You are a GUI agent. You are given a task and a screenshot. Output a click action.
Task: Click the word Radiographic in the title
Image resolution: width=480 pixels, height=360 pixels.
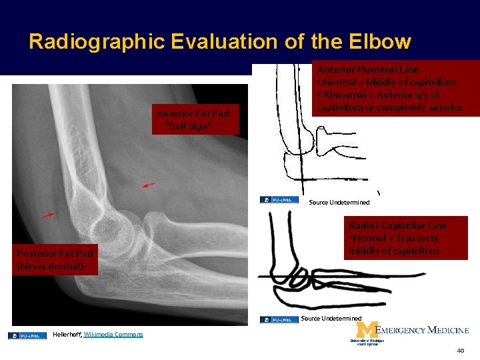(97, 42)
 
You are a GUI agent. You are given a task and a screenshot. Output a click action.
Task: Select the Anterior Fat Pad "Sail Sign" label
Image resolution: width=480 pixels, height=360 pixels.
(195, 119)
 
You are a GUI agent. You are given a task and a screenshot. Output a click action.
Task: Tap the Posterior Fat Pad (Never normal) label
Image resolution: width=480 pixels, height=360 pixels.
(55, 259)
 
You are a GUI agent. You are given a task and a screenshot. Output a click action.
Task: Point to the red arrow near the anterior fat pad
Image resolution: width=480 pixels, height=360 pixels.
(149, 184)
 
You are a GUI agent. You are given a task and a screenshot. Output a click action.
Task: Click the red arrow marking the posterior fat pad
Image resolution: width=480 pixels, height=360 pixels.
(47, 215)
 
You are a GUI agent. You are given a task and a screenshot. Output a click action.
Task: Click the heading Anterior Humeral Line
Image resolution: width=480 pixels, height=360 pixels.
(367, 69)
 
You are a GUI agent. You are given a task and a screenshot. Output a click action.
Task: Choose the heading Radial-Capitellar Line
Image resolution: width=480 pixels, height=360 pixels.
(397, 225)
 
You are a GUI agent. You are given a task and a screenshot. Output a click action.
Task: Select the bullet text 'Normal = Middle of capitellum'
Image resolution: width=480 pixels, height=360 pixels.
(387, 82)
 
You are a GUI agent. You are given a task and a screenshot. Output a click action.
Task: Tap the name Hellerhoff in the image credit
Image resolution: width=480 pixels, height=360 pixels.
(66, 334)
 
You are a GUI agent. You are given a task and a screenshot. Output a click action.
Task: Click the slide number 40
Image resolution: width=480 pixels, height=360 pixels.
(460, 351)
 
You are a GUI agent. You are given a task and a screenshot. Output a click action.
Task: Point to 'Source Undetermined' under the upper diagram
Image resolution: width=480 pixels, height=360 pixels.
(339, 202)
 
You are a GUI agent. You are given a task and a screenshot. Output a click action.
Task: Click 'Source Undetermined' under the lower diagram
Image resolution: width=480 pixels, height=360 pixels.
(331, 319)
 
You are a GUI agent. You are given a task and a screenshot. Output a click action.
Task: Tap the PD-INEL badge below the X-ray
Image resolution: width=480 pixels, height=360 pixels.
(27, 335)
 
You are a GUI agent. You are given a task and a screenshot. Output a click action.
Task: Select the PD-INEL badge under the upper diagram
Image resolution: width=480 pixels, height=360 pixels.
(279, 199)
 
